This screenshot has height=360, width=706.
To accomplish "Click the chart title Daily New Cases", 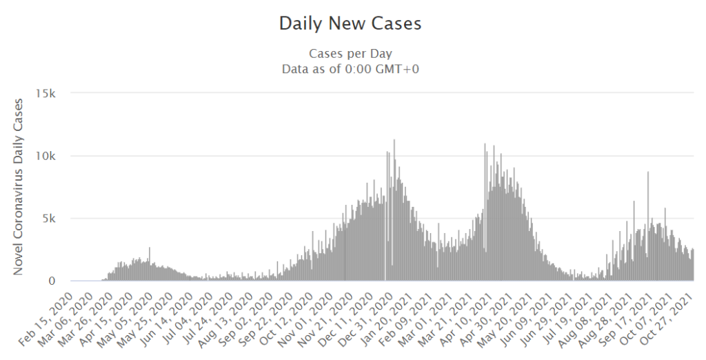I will click(350, 23).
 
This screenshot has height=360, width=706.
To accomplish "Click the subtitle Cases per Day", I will click(350, 54).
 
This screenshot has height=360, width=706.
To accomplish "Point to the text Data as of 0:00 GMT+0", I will click(350, 68).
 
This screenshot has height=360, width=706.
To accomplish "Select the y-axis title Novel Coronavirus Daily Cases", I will click(19, 187).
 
